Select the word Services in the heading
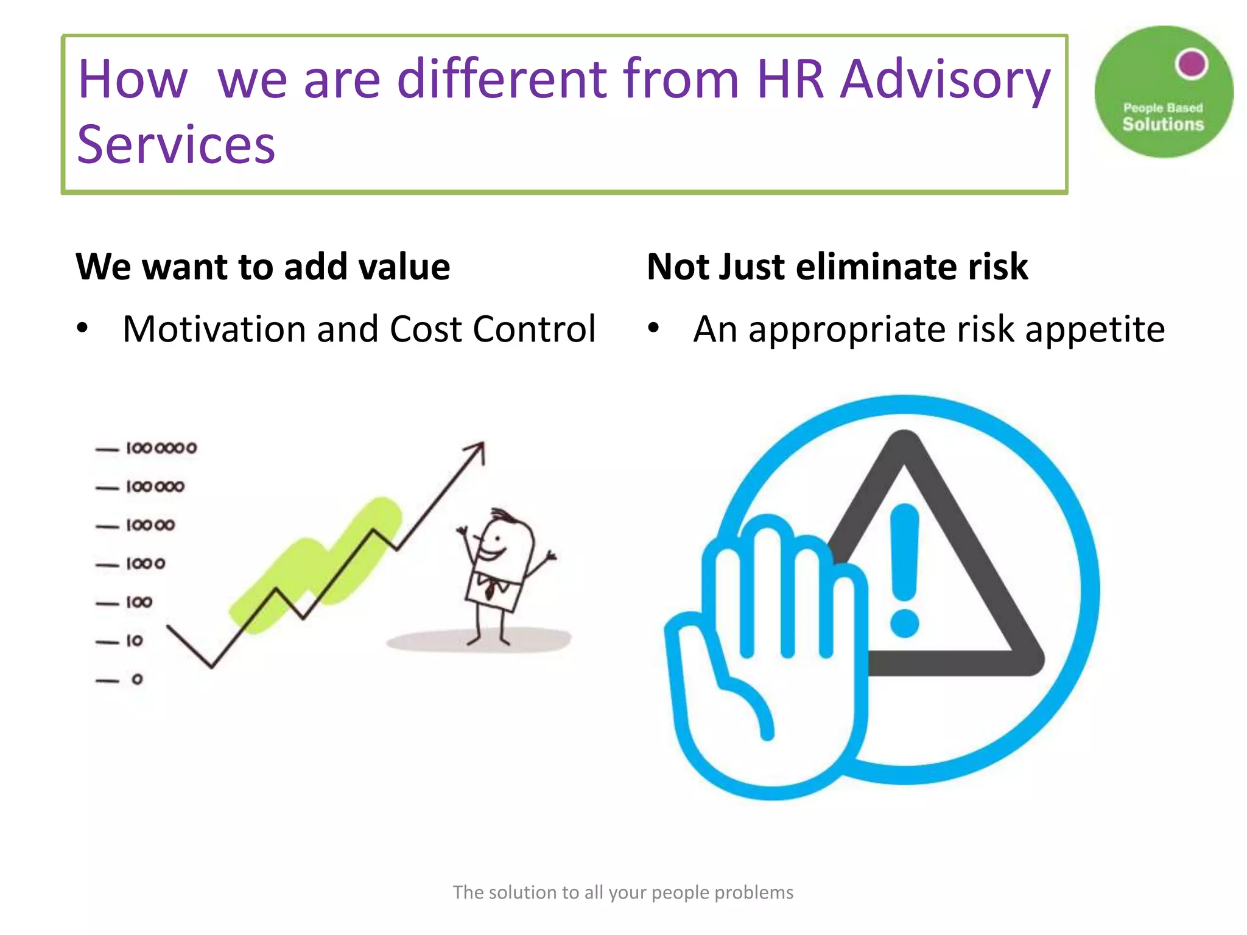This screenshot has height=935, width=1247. pyautogui.click(x=176, y=145)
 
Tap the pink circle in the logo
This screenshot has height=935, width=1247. pyautogui.click(x=1192, y=63)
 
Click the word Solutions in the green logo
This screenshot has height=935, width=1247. pyautogui.click(x=1163, y=124)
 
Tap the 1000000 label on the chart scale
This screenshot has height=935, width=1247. pyautogui.click(x=161, y=449)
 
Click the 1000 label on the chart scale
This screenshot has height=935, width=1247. pyautogui.click(x=146, y=564)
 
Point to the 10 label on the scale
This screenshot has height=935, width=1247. pyautogui.click(x=135, y=640)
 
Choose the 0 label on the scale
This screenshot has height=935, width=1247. pyautogui.click(x=137, y=679)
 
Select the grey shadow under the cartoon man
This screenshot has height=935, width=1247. pyautogui.click(x=478, y=640)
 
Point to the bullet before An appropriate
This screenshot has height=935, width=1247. pyautogui.click(x=653, y=329)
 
